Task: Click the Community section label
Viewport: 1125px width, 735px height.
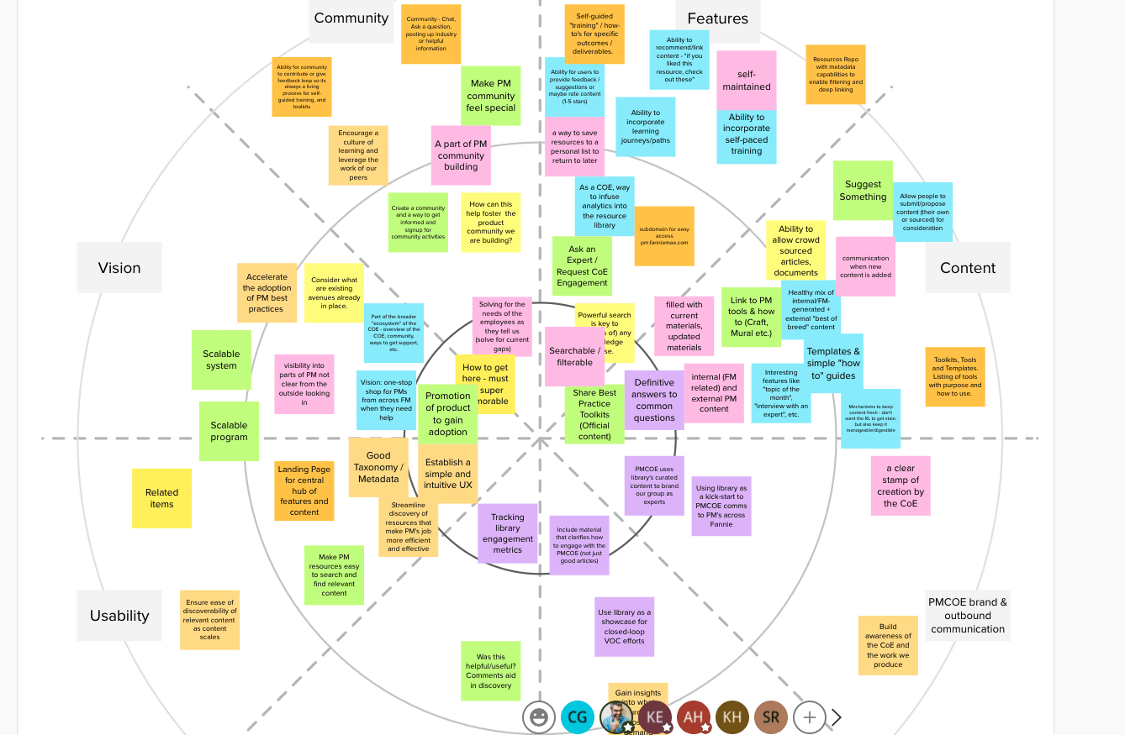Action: point(351,18)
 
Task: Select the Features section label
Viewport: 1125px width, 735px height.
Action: point(717,18)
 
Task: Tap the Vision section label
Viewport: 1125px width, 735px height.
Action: point(119,268)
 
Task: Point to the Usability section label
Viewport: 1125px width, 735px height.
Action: point(119,616)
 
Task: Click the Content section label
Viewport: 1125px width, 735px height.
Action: point(968,268)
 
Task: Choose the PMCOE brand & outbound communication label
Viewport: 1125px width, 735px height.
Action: point(968,616)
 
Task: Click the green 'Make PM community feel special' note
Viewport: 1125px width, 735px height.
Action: point(490,96)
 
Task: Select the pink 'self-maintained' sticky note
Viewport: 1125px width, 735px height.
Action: point(746,80)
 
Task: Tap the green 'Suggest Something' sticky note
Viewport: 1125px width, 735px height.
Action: point(863,191)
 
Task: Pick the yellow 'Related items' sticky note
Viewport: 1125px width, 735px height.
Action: point(161,498)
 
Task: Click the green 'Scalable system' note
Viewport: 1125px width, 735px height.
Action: point(221,360)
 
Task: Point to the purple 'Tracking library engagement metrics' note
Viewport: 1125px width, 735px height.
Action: point(507,533)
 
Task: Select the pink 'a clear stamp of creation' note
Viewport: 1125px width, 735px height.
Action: point(900,486)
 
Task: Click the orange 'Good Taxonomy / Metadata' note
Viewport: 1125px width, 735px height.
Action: point(378,467)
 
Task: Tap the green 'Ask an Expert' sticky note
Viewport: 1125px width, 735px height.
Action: point(582,266)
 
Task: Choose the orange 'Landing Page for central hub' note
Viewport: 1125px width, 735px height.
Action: point(304,491)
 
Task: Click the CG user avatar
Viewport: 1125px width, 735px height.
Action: point(578,717)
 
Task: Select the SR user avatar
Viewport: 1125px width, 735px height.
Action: point(771,717)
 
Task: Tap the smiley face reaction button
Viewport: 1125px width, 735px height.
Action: point(539,717)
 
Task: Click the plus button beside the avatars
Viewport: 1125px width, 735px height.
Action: point(809,717)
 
